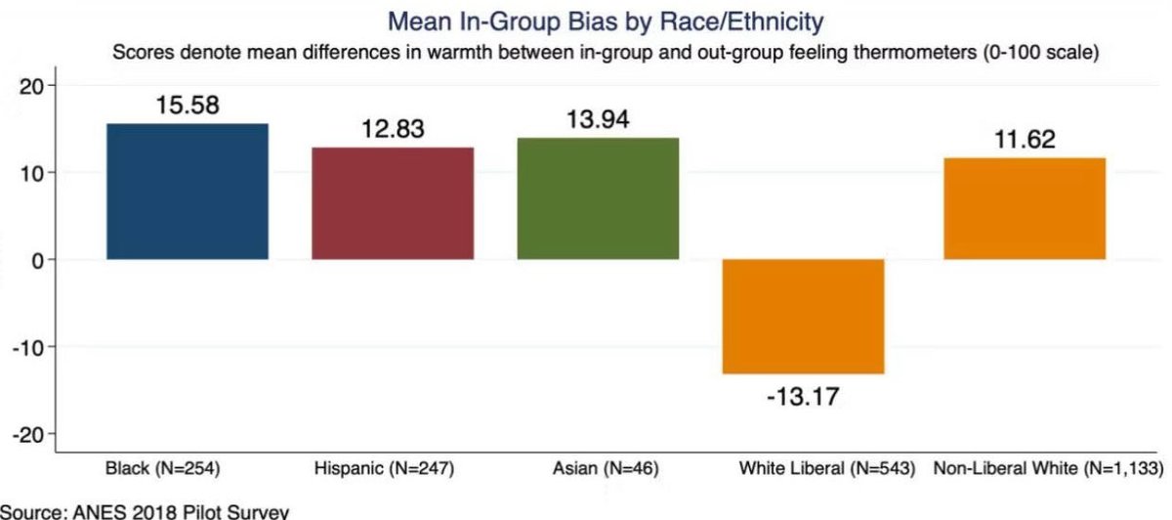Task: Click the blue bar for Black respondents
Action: coord(188,192)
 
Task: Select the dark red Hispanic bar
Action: coord(393,203)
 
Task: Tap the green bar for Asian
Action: coord(598,198)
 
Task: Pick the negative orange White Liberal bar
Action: coord(803,316)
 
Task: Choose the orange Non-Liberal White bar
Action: coord(1024,208)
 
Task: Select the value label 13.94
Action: coord(598,120)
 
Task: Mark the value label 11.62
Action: coord(1024,140)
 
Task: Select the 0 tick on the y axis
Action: coord(35,260)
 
